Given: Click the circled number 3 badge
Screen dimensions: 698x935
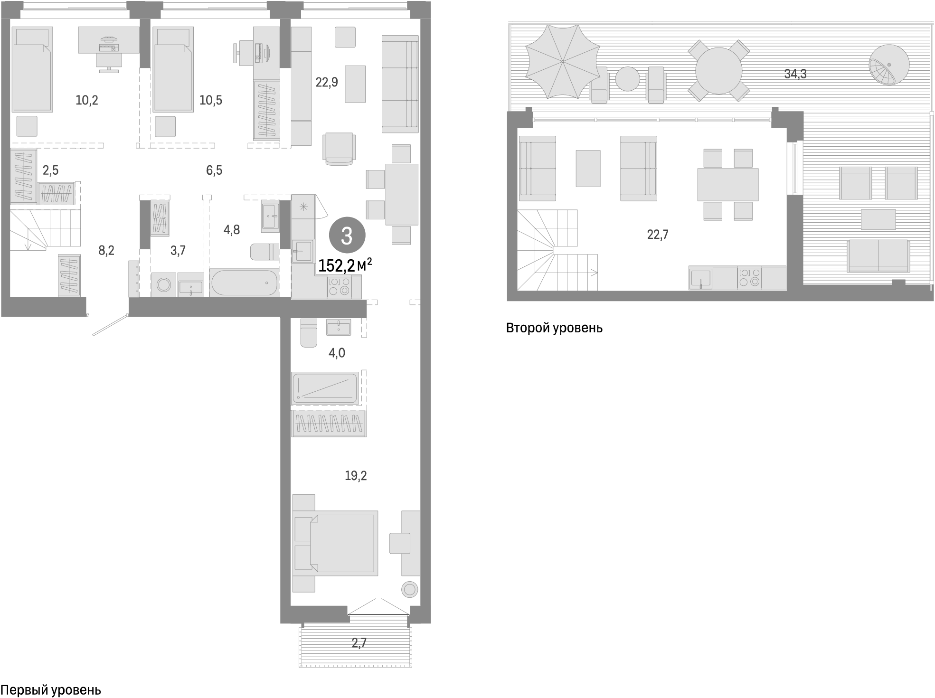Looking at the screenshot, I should [x=347, y=236].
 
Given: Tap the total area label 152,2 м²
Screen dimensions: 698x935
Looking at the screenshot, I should [x=345, y=266].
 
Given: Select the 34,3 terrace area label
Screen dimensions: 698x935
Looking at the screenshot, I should [x=795, y=74].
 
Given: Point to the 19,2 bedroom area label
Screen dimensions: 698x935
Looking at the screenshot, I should [x=356, y=475].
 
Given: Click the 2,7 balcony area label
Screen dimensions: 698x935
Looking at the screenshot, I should [x=359, y=643].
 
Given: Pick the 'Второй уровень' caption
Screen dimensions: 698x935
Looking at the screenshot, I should [x=554, y=328].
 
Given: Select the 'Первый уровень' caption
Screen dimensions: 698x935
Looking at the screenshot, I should [x=51, y=690].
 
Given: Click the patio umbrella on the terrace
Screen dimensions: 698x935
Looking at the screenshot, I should [x=563, y=61].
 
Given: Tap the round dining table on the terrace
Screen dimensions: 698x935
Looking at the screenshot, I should [x=718, y=70].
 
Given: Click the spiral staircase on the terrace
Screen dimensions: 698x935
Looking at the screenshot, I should [x=888, y=65].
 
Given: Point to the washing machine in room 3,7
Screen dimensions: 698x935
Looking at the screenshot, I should [x=164, y=285].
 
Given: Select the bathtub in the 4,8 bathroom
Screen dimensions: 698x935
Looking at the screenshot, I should [x=244, y=283].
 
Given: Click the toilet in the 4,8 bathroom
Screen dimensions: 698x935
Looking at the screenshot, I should [x=264, y=252].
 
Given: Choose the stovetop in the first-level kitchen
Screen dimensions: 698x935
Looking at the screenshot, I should [x=339, y=287].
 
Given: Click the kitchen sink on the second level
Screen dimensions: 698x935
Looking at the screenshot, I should [x=700, y=278].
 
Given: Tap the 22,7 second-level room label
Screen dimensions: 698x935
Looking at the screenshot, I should [x=658, y=235].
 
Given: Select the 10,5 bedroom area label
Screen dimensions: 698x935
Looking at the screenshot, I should [x=211, y=100].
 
